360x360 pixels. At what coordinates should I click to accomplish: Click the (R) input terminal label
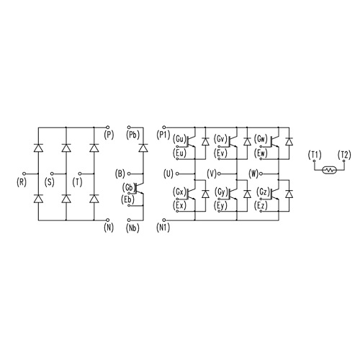22,182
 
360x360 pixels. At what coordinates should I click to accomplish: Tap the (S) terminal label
50,182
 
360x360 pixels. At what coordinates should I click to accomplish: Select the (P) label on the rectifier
109,135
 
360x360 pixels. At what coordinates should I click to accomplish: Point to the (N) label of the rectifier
109,228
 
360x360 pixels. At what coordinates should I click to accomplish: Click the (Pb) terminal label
132,135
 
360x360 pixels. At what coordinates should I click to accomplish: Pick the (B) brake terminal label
120,174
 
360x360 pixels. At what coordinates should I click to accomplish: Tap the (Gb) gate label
127,187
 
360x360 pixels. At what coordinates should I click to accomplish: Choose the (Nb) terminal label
132,228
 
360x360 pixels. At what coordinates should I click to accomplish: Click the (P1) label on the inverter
163,135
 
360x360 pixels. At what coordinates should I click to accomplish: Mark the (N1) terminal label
163,228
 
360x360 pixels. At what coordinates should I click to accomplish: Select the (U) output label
168,174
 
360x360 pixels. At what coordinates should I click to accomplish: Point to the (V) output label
212,174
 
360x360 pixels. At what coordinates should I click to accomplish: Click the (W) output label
253,174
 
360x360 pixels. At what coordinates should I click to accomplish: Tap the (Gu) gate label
179,139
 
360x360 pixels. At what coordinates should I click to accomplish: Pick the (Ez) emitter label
261,206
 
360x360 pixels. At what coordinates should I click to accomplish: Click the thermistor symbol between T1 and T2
330,170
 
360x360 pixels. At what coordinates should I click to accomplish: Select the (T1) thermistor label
315,155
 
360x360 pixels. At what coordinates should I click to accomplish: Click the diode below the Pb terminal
143,148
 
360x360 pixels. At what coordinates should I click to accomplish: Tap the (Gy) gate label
221,192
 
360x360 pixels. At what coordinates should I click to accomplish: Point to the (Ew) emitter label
261,153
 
